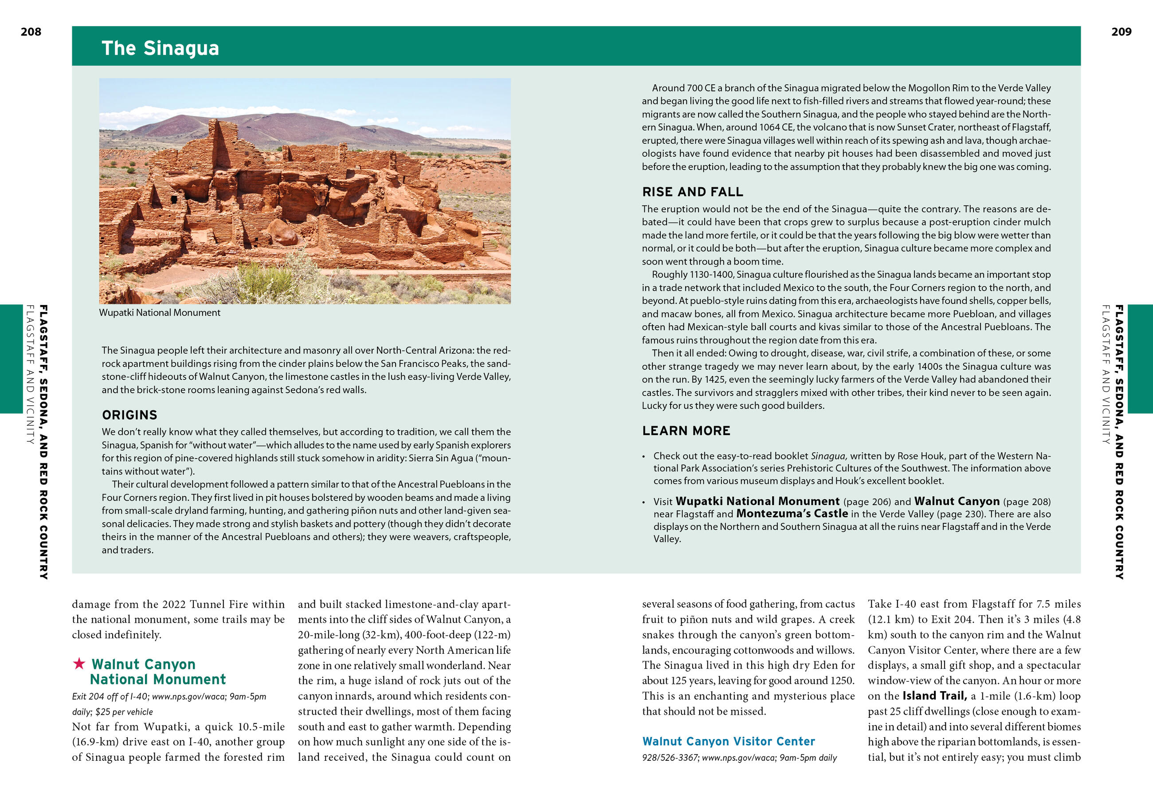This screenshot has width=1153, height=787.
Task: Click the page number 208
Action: click(x=31, y=32)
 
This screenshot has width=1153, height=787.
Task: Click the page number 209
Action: click(x=1121, y=32)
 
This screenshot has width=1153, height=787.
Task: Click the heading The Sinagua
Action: click(x=160, y=48)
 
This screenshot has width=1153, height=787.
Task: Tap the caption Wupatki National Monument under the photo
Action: click(x=159, y=312)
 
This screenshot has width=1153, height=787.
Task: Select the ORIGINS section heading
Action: click(x=129, y=415)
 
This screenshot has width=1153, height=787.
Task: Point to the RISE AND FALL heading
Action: click(x=692, y=192)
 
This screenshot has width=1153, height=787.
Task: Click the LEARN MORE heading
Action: click(x=686, y=431)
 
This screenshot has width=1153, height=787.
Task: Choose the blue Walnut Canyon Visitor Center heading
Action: click(x=728, y=741)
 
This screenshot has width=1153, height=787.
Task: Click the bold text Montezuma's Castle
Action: click(x=792, y=514)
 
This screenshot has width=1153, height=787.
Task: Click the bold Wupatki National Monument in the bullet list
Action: click(x=757, y=501)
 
